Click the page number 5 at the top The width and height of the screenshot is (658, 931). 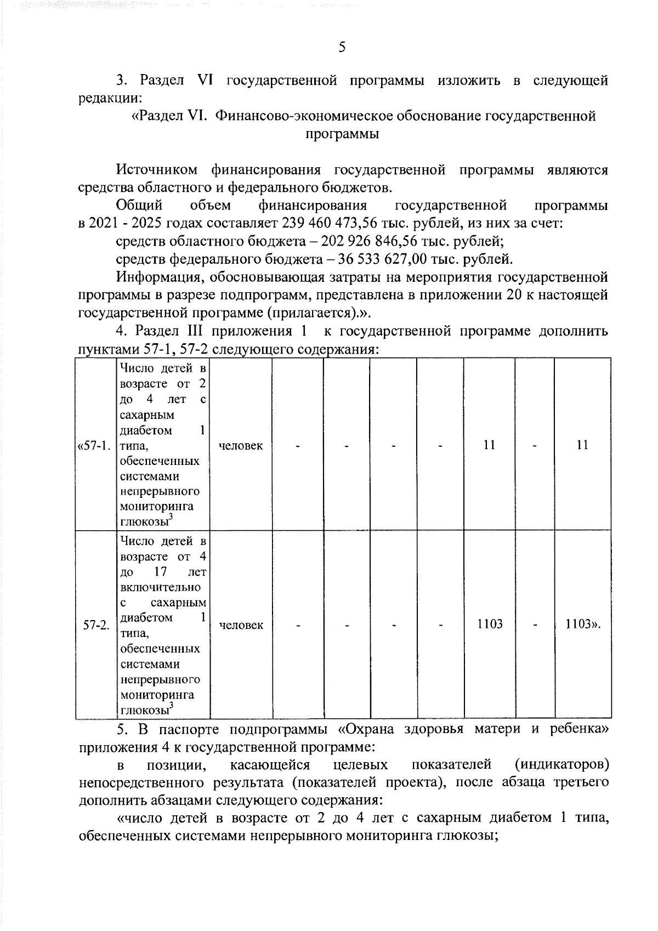pos(342,48)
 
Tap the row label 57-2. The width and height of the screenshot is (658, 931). pos(97,625)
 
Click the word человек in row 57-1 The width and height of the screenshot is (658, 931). pos(241,446)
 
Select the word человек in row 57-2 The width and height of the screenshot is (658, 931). pos(241,625)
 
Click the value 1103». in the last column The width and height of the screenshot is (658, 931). pos(583,625)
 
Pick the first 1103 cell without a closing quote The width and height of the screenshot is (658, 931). pos(490,625)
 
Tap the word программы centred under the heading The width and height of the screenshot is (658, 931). pos(342,134)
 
